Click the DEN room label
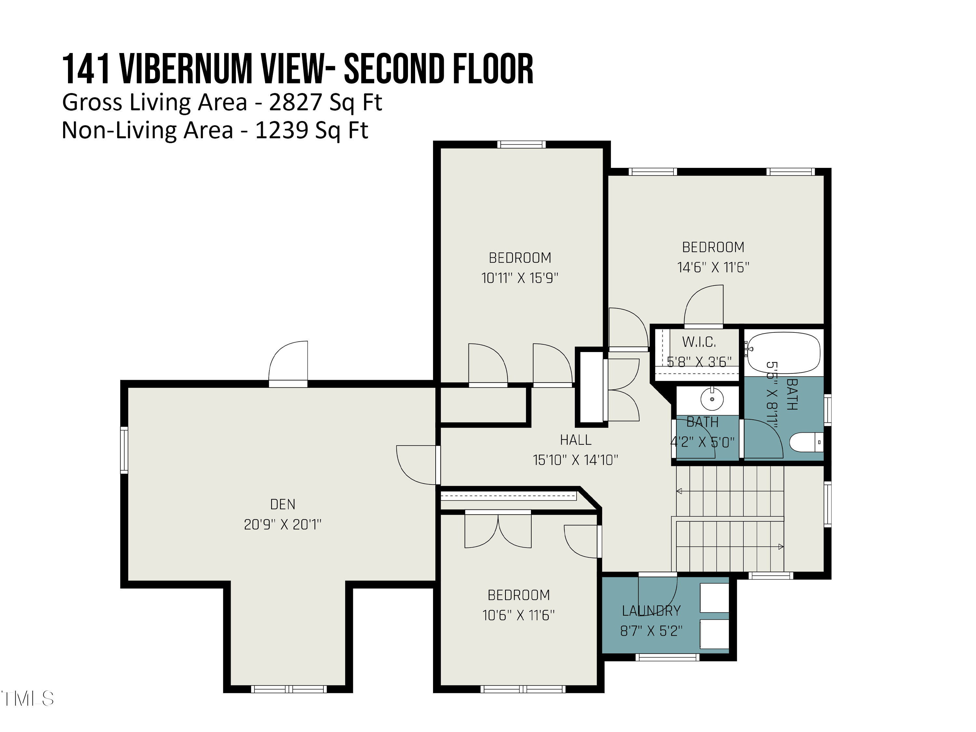[282, 504]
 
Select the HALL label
[576, 440]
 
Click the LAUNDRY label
[651, 611]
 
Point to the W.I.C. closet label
[699, 342]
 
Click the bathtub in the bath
[783, 353]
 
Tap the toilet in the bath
[806, 442]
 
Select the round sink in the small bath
[712, 399]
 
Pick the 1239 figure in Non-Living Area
[281, 130]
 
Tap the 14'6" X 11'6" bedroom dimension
[713, 267]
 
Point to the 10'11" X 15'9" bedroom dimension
[520, 278]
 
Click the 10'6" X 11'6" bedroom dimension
[519, 615]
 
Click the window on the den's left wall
[124, 450]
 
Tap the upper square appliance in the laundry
[714, 598]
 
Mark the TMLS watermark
[27, 698]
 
